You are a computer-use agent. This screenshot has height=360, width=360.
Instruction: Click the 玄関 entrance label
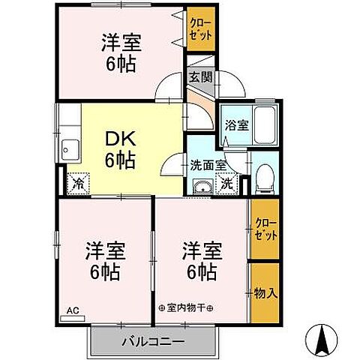[201, 76]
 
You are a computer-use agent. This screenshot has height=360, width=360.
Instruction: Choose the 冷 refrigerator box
[79, 181]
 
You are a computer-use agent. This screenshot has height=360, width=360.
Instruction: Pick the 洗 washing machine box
[226, 181]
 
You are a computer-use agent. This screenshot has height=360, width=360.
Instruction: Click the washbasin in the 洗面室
[200, 186]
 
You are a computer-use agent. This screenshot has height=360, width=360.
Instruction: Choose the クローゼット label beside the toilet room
[264, 228]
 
